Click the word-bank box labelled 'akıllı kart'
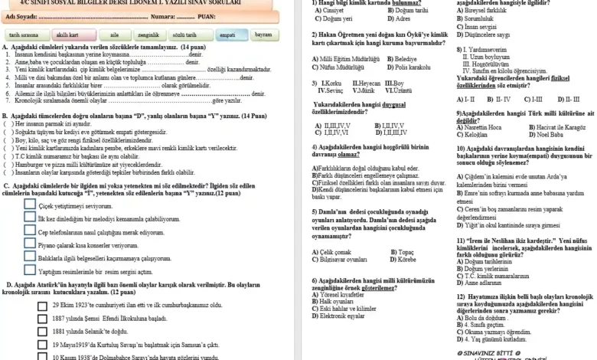click(67, 35)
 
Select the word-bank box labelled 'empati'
click(227, 35)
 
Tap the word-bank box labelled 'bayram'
click(263, 34)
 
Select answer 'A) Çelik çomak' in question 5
click(333, 251)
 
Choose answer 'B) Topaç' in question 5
click(400, 251)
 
